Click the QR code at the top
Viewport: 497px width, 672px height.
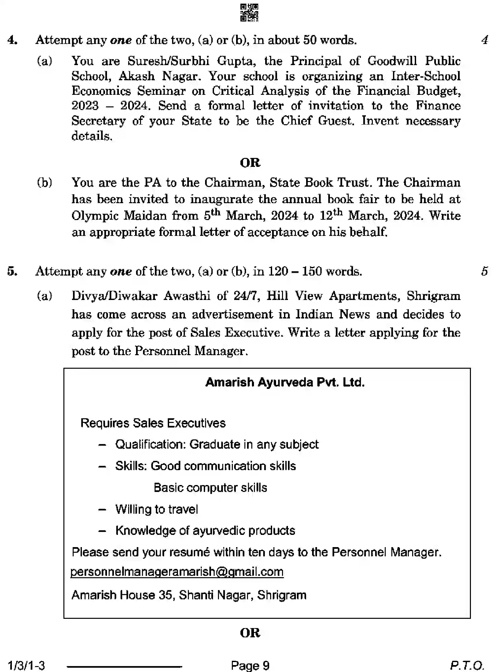coord(249,13)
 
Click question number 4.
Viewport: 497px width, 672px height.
coord(12,40)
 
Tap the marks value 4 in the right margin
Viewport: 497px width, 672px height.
coord(484,40)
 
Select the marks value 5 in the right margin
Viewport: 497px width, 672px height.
coord(484,271)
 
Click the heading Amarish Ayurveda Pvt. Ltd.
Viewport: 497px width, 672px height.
coord(285,382)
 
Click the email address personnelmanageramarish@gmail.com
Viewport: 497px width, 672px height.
coord(177,572)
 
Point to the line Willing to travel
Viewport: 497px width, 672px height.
coord(157,509)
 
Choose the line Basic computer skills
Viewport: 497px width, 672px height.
coord(210,488)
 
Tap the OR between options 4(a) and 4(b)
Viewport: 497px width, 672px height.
coord(250,163)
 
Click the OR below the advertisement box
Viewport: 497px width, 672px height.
coord(250,633)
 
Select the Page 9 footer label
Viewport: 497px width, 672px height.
coord(250,665)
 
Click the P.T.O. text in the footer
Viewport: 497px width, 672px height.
coord(467,665)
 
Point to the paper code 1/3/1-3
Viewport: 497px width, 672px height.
coord(26,665)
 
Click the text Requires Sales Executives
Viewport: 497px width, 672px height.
coord(153,423)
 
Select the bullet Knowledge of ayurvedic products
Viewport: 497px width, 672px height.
coord(205,531)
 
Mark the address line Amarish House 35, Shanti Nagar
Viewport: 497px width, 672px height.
coord(189,595)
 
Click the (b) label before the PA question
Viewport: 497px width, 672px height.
coord(44,182)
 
